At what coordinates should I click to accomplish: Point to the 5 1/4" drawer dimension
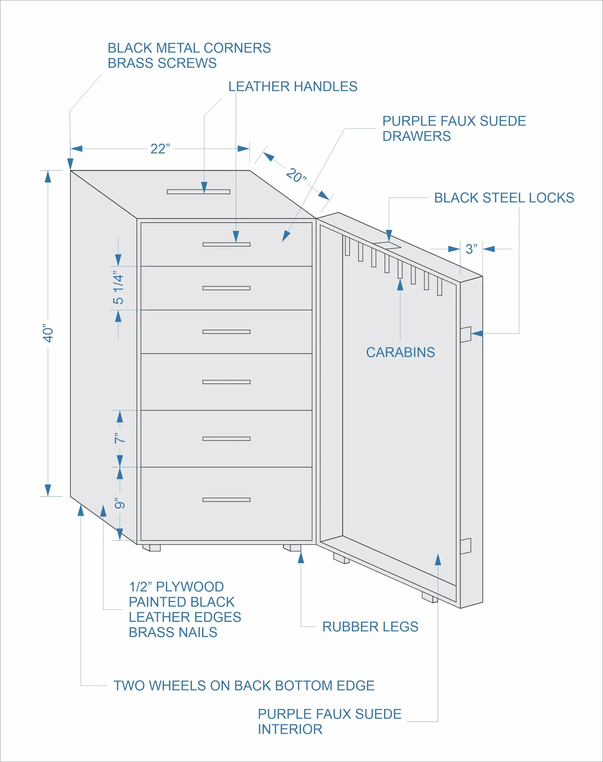(118, 288)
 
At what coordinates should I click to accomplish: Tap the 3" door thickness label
(471, 249)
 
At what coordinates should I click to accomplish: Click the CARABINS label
(400, 352)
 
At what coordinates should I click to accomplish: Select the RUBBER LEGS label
(370, 626)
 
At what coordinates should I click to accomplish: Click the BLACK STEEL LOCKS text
(504, 198)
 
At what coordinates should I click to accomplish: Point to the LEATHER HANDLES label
(293, 86)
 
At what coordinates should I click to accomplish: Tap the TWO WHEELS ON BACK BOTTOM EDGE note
(244, 685)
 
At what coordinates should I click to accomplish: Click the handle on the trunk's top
(198, 192)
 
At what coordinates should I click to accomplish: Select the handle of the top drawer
(226, 244)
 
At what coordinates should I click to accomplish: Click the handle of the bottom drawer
(226, 500)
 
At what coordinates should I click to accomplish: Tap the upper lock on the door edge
(465, 334)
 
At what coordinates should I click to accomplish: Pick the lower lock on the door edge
(465, 546)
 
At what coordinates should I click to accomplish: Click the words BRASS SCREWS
(162, 63)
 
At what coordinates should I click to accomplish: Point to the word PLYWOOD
(190, 587)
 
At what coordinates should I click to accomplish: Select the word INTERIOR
(290, 729)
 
